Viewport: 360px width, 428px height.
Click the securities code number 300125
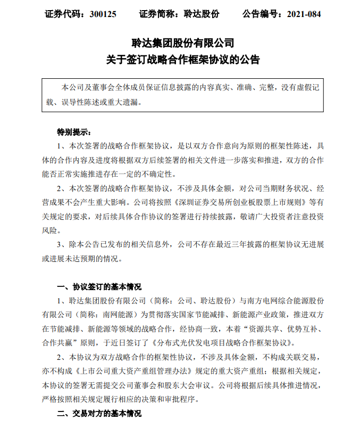tap(104, 14)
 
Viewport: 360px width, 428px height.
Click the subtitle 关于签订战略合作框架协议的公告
tap(180, 60)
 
